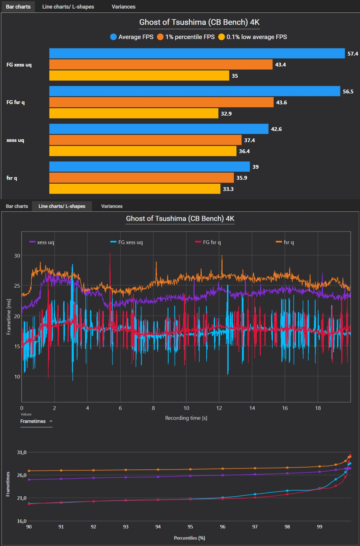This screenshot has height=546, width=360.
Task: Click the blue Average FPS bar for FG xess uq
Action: pyautogui.click(x=197, y=54)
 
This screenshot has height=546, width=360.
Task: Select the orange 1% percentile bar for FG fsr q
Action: pyautogui.click(x=161, y=102)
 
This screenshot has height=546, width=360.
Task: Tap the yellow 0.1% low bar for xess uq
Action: pyautogui.click(x=143, y=151)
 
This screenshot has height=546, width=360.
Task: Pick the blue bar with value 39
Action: pyautogui.click(x=149, y=167)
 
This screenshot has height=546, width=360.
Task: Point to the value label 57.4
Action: pyautogui.click(x=353, y=54)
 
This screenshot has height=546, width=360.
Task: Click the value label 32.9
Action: pyautogui.click(x=226, y=114)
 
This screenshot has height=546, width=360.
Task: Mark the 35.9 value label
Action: pyautogui.click(x=242, y=178)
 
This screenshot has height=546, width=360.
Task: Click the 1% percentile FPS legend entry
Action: pyautogui.click(x=186, y=37)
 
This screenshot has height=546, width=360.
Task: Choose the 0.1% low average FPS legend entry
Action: pyautogui.click(x=253, y=37)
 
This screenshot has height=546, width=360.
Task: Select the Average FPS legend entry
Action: pyautogui.click(x=132, y=37)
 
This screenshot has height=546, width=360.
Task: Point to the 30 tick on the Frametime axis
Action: pyautogui.click(x=17, y=256)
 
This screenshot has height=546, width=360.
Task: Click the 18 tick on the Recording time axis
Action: pyautogui.click(x=318, y=408)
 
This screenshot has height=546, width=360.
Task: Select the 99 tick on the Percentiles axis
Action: pyautogui.click(x=319, y=526)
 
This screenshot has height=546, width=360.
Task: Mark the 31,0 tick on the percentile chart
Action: pyautogui.click(x=22, y=452)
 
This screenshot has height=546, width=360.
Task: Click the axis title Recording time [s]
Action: pyautogui.click(x=186, y=418)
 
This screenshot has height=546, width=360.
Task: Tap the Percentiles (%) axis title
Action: pyautogui.click(x=189, y=538)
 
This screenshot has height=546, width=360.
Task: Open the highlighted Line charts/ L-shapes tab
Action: pyautogui.click(x=62, y=206)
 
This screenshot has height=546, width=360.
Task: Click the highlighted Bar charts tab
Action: pyautogui.click(x=18, y=7)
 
